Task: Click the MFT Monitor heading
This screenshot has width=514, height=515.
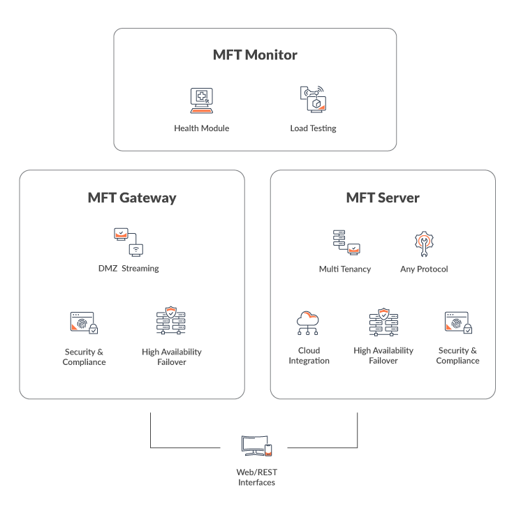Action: [x=255, y=55]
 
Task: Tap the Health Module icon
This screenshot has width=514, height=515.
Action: [x=202, y=100]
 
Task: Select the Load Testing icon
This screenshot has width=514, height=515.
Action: [x=313, y=100]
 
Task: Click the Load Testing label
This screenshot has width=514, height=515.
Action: [x=313, y=128]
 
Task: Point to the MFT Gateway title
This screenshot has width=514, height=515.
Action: [x=132, y=197]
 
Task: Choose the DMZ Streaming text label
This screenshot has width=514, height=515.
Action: [x=128, y=269]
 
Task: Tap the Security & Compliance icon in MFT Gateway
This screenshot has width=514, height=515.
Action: [x=84, y=323]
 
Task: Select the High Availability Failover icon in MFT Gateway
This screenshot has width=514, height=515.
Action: [x=171, y=322]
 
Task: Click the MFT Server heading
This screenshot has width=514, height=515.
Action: [x=383, y=197]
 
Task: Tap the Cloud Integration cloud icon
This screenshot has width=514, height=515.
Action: [x=309, y=323]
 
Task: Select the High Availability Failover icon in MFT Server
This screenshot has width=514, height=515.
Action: [x=383, y=322]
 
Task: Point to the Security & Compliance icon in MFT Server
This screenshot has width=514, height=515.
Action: [x=457, y=323]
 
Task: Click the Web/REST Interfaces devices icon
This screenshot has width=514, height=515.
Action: [x=256, y=445]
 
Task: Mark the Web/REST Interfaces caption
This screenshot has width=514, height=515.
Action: [x=256, y=477]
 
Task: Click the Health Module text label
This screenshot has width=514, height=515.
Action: [x=202, y=128]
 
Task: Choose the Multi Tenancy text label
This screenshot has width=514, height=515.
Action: [x=345, y=269]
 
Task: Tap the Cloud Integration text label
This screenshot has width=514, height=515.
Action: [x=309, y=356]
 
